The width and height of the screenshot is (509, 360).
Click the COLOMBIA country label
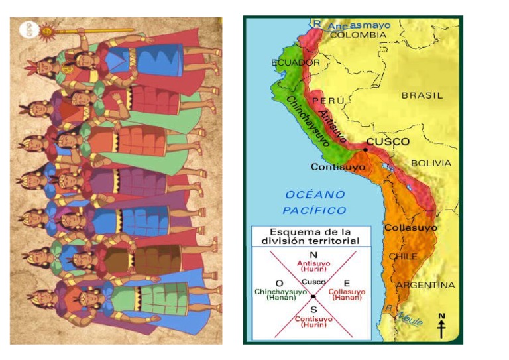coord(358,34)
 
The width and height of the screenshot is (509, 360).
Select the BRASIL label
coord(422,95)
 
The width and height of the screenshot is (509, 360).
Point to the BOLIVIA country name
coord(431,162)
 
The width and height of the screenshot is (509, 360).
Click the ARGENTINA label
coord(425,285)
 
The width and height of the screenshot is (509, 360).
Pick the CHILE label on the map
coord(403,256)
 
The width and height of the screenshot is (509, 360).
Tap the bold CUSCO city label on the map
coord(388,142)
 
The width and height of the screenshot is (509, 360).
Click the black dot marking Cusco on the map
coord(365,150)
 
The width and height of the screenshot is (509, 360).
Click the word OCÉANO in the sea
coord(315,194)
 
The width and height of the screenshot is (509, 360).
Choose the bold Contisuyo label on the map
coord(337,167)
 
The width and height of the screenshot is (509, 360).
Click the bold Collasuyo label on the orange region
coord(410,228)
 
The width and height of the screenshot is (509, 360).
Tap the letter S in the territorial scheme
coord(313,308)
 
